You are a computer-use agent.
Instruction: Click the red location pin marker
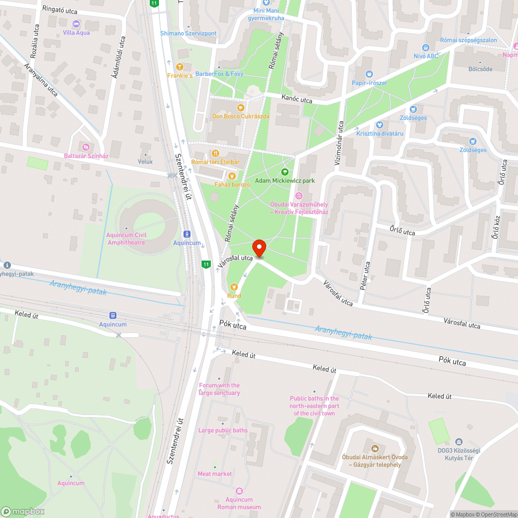(258, 247)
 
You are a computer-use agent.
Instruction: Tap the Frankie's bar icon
(180, 66)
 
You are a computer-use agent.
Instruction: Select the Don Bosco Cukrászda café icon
(240, 107)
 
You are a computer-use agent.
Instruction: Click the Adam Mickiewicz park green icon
(284, 171)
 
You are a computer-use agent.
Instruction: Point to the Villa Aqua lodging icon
(76, 23)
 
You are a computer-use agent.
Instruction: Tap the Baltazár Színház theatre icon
(86, 147)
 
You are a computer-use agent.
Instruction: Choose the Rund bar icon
(234, 286)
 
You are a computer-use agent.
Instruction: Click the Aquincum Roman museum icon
(239, 491)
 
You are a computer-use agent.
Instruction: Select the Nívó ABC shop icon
(426, 47)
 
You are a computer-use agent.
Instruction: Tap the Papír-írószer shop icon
(369, 74)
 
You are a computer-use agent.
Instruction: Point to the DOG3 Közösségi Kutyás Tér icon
(458, 442)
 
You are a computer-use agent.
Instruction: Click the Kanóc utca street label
(297, 99)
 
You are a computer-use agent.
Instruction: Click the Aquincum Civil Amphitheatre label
(126, 238)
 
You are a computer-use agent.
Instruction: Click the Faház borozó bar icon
(232, 176)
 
